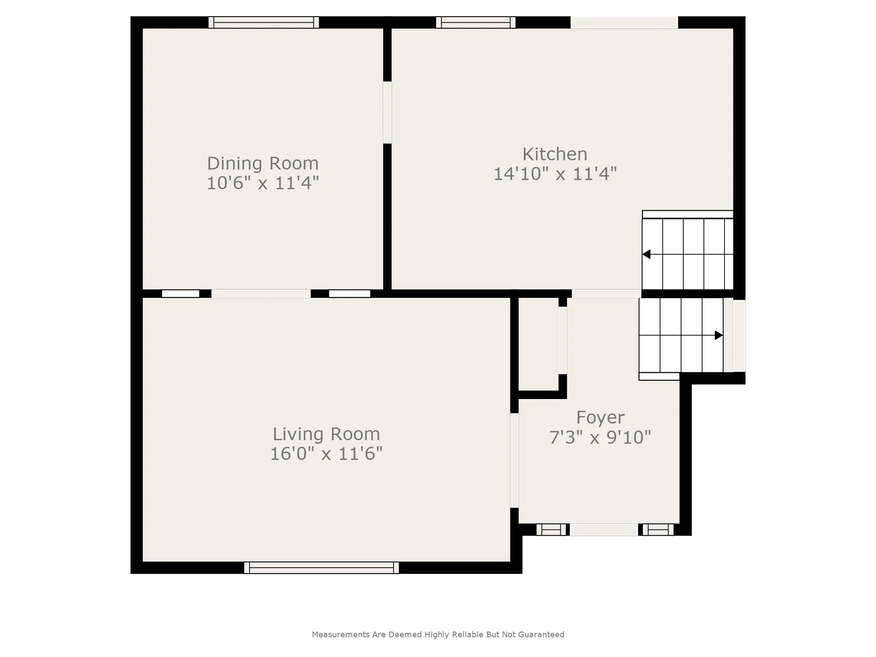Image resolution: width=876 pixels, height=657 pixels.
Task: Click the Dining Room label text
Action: click(263, 163)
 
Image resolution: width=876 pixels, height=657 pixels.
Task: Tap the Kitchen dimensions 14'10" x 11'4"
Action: click(555, 174)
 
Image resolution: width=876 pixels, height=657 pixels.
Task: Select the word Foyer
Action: click(600, 417)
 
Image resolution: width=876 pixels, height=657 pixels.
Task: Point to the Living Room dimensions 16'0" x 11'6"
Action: click(326, 454)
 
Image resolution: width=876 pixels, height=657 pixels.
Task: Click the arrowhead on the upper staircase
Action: click(646, 254)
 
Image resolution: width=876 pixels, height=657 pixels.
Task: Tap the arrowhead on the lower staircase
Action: click(719, 335)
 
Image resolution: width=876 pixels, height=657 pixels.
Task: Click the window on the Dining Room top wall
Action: click(264, 22)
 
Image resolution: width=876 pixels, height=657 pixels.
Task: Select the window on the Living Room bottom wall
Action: click(321, 568)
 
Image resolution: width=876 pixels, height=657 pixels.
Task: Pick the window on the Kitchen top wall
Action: click(476, 22)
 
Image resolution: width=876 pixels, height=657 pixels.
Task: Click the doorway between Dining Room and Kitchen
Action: click(387, 113)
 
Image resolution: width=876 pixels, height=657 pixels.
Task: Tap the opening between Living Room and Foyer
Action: click(515, 461)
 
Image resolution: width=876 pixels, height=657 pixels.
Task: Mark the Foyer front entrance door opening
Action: click(604, 530)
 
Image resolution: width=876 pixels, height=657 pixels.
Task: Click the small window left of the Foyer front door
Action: click(551, 530)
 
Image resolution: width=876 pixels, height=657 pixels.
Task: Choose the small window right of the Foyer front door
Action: click(658, 530)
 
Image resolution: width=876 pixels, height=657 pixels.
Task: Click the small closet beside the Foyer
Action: click(539, 344)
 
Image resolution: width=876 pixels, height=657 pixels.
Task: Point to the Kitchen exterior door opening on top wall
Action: click(624, 22)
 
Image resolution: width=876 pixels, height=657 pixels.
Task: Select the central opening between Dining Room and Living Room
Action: click(261, 293)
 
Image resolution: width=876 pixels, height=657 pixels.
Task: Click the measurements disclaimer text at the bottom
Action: click(438, 634)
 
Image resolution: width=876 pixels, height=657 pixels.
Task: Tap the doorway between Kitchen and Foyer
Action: click(607, 293)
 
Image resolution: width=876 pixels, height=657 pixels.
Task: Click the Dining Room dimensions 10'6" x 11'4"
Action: click(263, 183)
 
